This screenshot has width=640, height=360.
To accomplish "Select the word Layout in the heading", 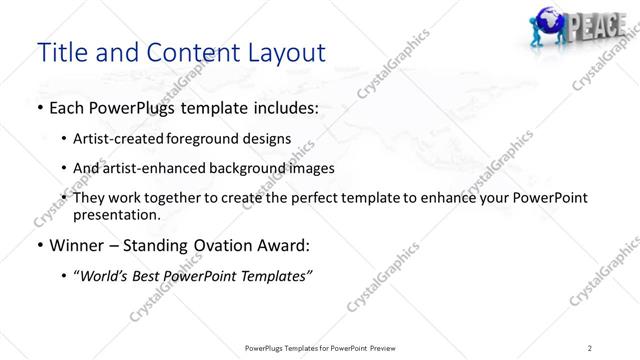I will [x=282, y=52].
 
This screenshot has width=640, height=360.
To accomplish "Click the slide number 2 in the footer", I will [x=590, y=347].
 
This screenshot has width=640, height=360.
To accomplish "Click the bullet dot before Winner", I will [x=39, y=246].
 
